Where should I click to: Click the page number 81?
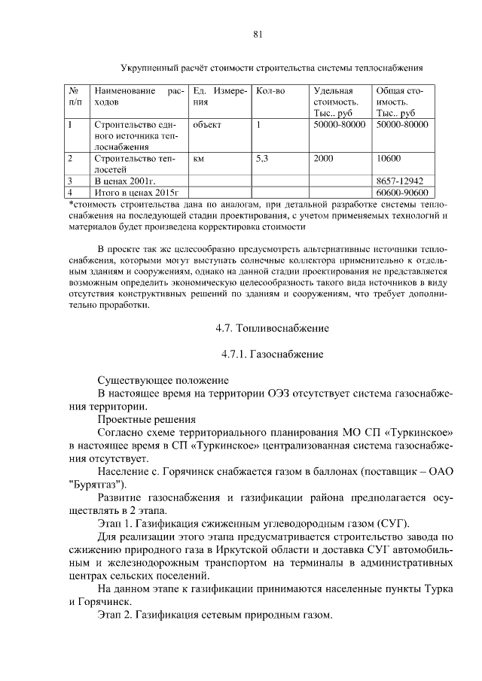pos(257,34)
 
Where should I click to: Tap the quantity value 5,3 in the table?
pos(263,159)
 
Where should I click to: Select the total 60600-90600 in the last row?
pos(401,193)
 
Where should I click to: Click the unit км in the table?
pos(199,159)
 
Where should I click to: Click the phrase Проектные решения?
pos(147,419)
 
